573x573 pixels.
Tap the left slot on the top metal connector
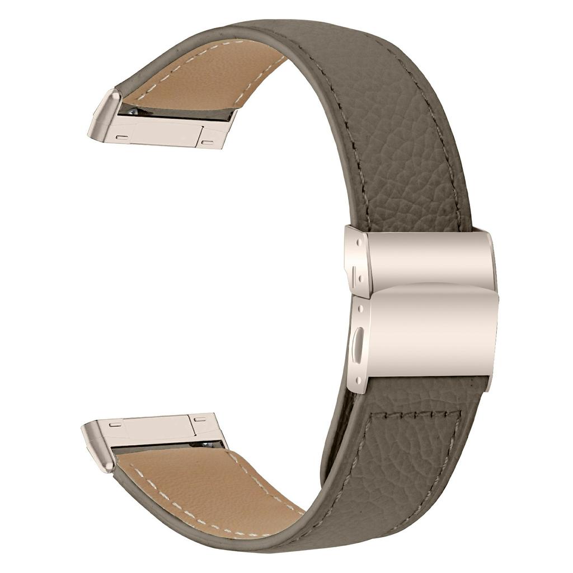(x=121, y=137)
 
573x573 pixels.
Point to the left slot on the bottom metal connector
(x=116, y=425)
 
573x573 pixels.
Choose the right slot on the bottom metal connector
(x=200, y=419)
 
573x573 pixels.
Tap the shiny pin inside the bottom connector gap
(x=199, y=444)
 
